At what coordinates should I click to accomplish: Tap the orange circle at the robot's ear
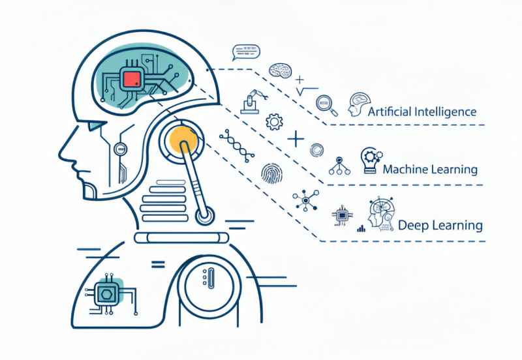point(182,139)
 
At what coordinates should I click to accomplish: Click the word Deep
point(412,226)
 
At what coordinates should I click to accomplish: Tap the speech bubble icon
point(245,51)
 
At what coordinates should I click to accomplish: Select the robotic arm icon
point(252,98)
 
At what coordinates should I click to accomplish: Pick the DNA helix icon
point(238,144)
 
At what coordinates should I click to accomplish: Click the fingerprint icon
point(271,172)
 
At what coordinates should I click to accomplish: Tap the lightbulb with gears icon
point(370,160)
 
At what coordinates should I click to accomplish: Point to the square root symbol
point(307,91)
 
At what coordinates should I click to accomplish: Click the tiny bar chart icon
point(360,228)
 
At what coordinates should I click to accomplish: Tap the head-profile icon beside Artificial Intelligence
point(358,104)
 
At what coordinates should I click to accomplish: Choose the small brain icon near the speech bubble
point(279,70)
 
